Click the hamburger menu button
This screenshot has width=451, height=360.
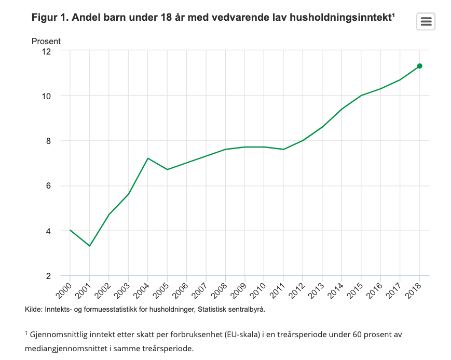tap(426, 21)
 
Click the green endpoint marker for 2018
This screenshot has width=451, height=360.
tap(419, 66)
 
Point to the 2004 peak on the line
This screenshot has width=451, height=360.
tap(148, 158)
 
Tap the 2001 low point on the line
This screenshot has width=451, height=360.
tap(90, 246)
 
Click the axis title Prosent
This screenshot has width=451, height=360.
tap(46, 41)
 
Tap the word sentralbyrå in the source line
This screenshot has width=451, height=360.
tap(246, 310)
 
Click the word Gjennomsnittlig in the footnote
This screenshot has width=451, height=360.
tap(58, 335)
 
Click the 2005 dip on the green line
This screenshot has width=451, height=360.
tap(167, 169)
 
